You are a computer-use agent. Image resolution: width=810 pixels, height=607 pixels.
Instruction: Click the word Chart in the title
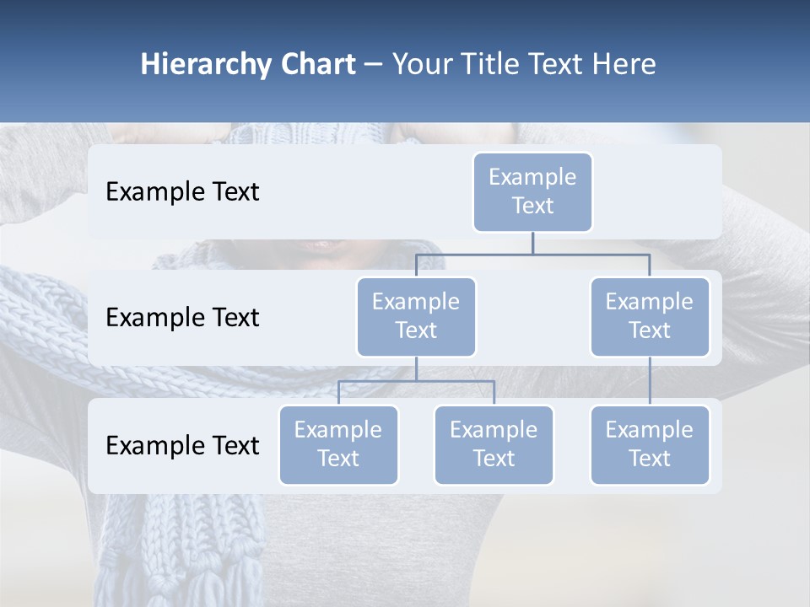point(316,65)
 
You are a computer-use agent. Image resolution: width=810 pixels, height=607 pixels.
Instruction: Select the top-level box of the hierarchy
point(532,191)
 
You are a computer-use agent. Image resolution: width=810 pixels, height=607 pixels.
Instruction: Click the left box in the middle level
point(416,316)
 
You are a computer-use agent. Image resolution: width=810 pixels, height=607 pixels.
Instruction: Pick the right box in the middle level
point(650,316)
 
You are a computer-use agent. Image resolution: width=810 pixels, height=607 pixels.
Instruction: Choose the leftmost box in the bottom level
point(338,444)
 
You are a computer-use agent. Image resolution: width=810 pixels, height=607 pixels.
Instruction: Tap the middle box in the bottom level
point(494,444)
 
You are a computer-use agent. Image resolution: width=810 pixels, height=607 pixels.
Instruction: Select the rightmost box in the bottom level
point(650,444)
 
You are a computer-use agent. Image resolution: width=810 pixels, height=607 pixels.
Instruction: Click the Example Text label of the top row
point(182,192)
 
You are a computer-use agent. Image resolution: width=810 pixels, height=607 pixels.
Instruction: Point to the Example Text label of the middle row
point(182,318)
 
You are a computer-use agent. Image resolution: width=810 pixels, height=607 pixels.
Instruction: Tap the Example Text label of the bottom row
point(182,446)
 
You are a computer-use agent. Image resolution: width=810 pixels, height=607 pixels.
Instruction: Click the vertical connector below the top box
point(532,243)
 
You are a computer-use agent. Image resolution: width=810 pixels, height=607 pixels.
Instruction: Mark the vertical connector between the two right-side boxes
point(650,380)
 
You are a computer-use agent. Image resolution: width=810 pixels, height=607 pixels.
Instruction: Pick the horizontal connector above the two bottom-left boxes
point(416,381)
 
